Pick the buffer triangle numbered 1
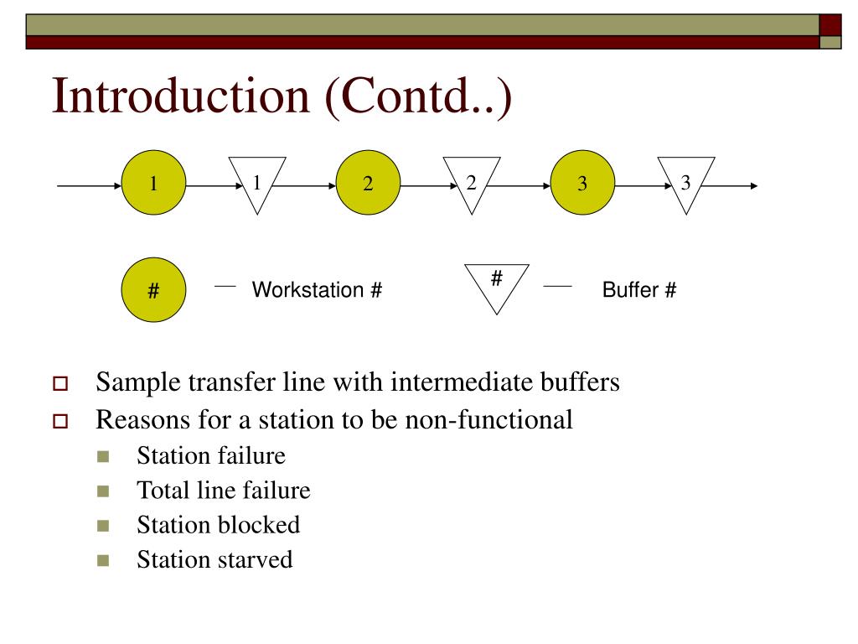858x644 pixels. [257, 182]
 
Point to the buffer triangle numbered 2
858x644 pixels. [472, 182]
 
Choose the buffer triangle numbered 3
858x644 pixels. [686, 182]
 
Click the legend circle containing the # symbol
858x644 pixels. [154, 291]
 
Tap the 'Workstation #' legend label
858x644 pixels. [318, 291]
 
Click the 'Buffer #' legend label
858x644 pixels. [639, 291]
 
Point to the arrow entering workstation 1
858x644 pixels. [89, 185]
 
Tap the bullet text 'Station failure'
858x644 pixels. [211, 456]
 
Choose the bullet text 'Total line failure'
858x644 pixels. [224, 491]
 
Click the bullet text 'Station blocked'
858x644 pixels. [218, 525]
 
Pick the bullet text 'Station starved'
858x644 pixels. [214, 559]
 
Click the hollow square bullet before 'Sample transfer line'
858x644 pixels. [59, 386]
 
